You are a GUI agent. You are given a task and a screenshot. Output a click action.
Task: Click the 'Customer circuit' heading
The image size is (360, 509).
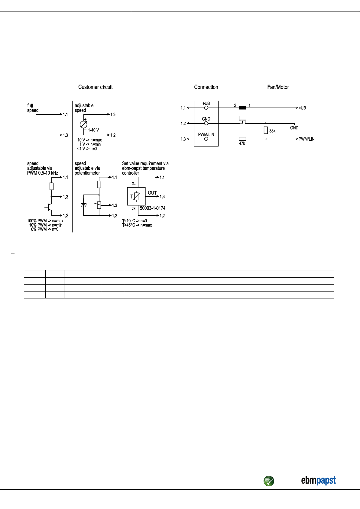(95, 87)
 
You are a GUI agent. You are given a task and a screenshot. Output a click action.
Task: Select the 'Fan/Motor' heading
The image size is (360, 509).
(278, 87)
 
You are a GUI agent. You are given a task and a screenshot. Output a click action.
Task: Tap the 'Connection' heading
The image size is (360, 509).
(206, 87)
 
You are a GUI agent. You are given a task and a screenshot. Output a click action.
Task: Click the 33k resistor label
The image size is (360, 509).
(272, 131)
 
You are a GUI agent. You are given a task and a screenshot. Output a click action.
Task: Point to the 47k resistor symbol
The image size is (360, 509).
(242, 139)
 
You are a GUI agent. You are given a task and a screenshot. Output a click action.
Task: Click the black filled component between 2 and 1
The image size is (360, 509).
(242, 108)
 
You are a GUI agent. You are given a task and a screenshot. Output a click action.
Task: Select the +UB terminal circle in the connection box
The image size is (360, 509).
(206, 108)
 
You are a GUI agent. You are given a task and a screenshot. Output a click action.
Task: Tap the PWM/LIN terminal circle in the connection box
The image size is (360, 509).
(206, 139)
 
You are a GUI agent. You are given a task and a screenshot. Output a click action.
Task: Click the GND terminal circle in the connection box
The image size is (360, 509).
(206, 123)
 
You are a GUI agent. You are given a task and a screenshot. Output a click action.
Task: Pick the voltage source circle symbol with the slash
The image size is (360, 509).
(83, 124)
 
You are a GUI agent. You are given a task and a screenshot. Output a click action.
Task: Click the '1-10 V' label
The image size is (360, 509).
(93, 130)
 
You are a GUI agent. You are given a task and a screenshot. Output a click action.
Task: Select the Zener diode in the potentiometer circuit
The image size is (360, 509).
(83, 205)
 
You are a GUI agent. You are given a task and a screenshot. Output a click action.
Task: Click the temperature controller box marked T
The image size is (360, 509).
(136, 196)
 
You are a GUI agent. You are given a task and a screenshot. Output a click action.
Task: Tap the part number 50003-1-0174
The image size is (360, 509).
(153, 208)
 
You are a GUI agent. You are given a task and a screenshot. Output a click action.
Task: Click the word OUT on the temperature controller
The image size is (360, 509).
(152, 193)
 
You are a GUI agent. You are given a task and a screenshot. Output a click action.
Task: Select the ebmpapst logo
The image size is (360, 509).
(318, 481)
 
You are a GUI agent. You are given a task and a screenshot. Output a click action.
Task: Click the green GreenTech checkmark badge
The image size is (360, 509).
(269, 481)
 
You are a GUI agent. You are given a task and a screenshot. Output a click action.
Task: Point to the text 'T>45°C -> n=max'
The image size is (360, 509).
(137, 225)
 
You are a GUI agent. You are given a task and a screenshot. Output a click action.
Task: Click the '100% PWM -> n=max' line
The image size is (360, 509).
(45, 221)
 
